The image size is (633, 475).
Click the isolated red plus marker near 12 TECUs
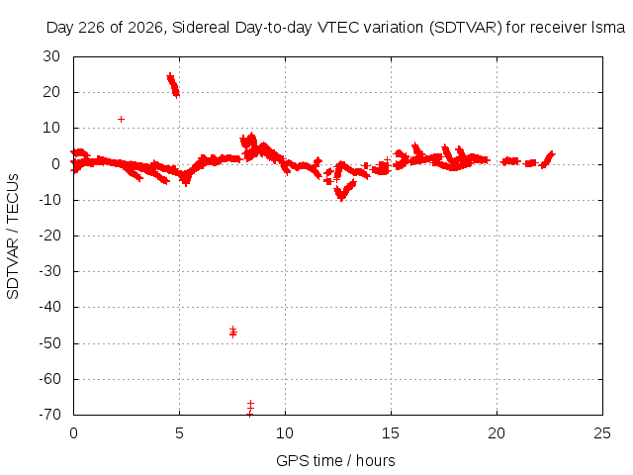click(121, 119)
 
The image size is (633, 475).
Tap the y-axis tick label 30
click(51, 56)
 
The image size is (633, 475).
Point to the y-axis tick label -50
click(49, 343)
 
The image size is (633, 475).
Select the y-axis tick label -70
click(49, 415)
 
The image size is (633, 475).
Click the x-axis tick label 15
click(391, 433)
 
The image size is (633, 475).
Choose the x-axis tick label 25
click(602, 433)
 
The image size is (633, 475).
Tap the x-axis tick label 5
click(179, 433)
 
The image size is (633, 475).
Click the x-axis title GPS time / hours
click(335, 460)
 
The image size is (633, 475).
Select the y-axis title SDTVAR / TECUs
click(13, 237)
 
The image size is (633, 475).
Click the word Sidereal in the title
click(201, 28)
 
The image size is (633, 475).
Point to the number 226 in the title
click(91, 28)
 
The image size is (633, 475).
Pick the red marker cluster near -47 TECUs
click(233, 332)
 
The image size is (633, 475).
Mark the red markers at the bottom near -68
click(250, 409)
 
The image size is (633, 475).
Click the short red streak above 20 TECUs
click(173, 85)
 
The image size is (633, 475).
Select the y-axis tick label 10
click(51, 128)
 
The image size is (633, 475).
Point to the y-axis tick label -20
click(49, 236)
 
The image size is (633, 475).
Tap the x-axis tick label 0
click(73, 433)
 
